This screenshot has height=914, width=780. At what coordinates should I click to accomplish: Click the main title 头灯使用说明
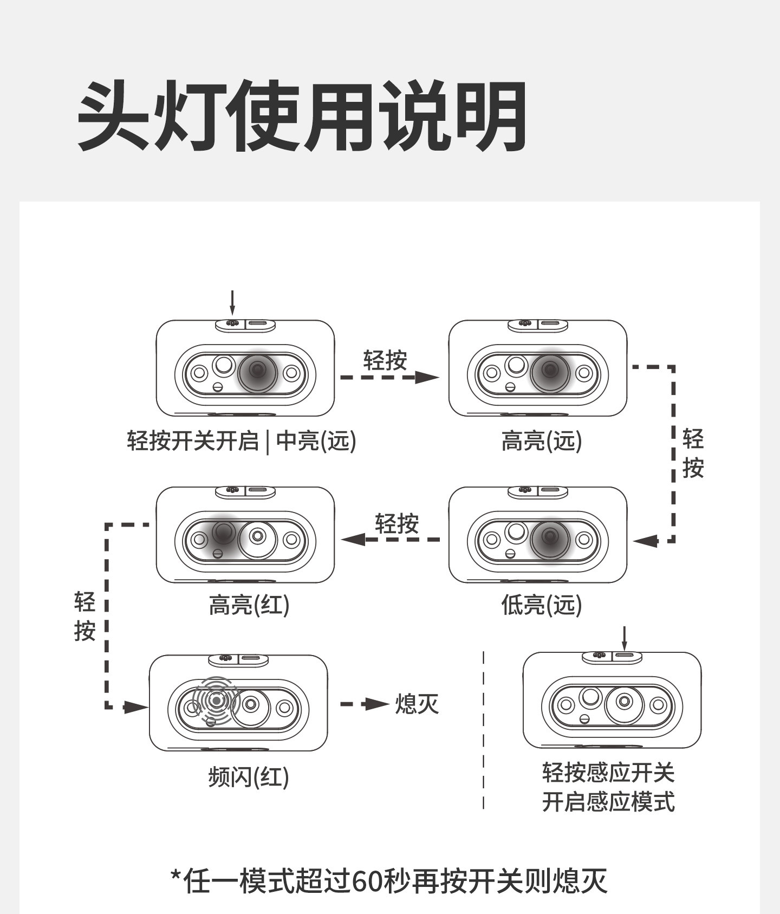[302, 115]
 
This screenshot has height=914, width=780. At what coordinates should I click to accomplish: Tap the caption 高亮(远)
[541, 441]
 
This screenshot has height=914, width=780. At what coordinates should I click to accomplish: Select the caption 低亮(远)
[541, 605]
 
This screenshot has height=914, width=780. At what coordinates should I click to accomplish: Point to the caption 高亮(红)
[249, 605]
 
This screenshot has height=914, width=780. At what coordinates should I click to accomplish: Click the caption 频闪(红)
[249, 777]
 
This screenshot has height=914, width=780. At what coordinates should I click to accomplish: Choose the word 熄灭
[417, 704]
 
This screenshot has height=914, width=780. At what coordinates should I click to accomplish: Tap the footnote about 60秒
[389, 881]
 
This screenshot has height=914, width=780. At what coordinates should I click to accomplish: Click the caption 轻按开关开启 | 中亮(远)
[242, 441]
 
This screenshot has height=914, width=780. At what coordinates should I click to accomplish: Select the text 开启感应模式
[608, 802]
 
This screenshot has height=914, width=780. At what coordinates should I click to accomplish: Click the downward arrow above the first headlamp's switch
[232, 303]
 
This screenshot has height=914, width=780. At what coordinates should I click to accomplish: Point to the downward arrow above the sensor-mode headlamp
[624, 638]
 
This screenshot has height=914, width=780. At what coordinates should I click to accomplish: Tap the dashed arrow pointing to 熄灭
[365, 704]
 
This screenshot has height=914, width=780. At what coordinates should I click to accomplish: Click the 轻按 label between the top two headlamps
[385, 360]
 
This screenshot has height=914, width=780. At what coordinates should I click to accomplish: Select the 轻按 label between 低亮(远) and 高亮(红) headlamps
[397, 524]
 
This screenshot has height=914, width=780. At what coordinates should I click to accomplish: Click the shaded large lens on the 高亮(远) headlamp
[550, 372]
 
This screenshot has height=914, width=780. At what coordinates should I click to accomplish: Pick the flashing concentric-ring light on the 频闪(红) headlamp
[217, 701]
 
